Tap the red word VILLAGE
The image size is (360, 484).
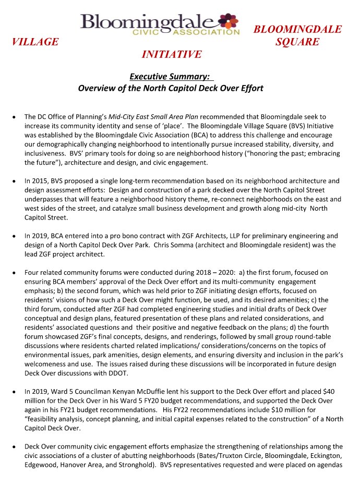pos(35,42)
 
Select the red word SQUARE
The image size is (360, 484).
pos(297,42)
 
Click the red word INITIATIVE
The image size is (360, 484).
pos(171,54)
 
